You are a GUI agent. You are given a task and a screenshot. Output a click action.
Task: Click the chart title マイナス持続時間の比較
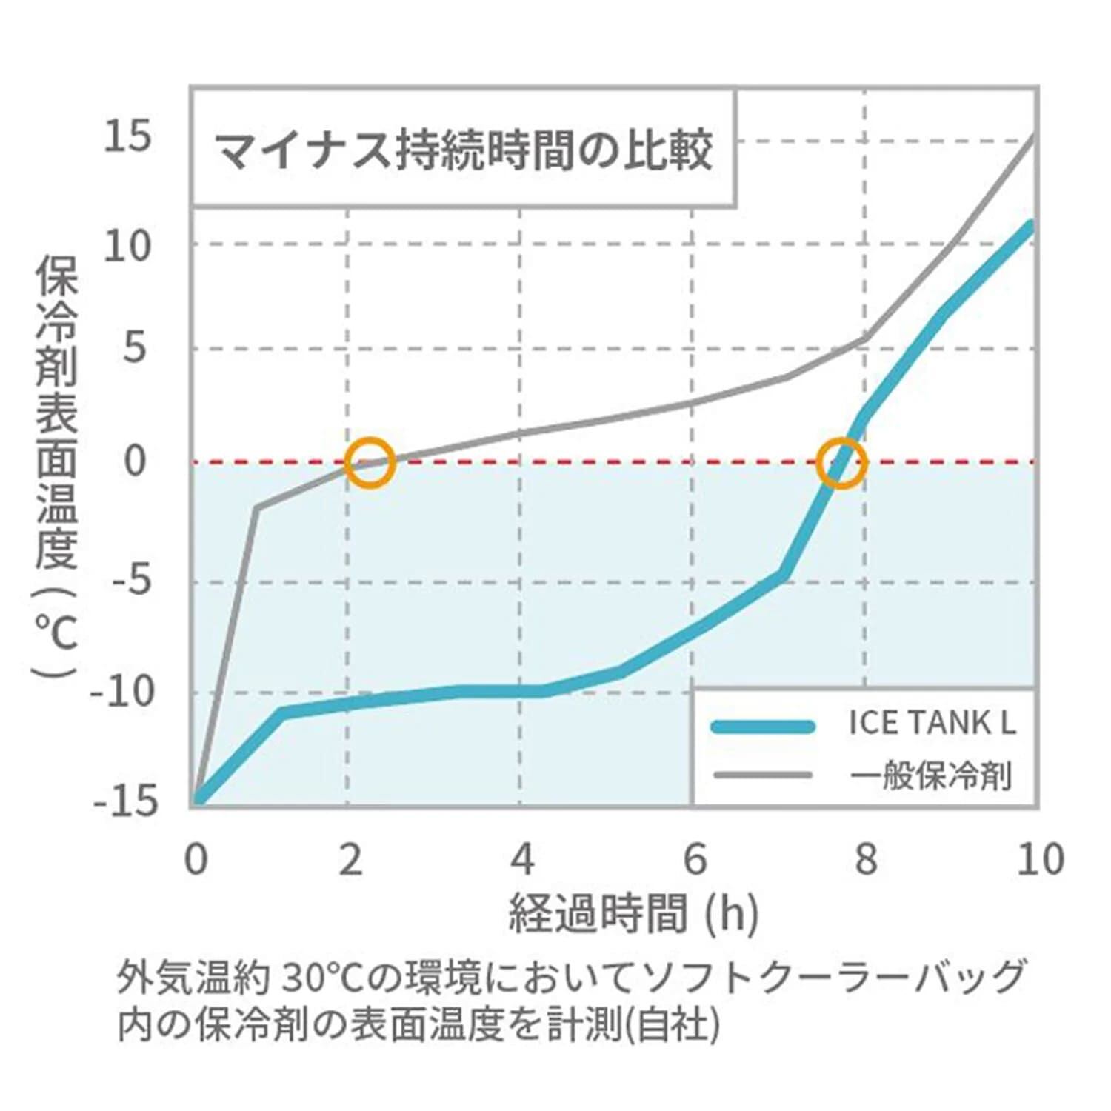463,150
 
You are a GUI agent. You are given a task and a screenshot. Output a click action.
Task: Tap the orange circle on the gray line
370,462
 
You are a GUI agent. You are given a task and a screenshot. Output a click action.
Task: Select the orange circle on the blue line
841,462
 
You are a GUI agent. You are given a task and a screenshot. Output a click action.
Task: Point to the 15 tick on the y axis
127,137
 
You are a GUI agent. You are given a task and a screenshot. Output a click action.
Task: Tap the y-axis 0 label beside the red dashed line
136,461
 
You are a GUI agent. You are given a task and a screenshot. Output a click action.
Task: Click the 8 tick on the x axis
865,859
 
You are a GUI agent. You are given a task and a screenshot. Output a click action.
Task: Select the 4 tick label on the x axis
522,859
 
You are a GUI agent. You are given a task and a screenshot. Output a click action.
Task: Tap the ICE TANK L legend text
932,723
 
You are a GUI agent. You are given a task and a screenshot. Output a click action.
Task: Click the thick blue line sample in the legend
762,726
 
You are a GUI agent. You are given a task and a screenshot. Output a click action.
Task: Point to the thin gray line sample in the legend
762,775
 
